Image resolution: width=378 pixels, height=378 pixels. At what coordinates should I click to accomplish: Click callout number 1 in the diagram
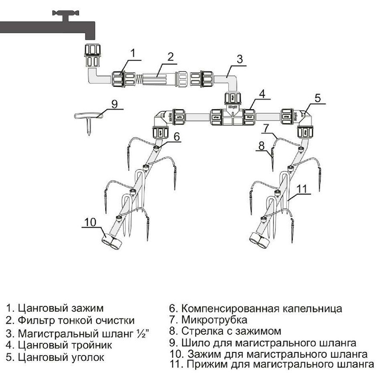(x=133, y=53)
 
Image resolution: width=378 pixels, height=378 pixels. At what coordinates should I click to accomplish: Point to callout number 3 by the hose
(x=239, y=59)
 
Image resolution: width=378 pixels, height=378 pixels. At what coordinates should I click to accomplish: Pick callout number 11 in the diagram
(x=301, y=188)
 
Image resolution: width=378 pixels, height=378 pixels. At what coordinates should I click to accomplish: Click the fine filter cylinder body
(x=157, y=79)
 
